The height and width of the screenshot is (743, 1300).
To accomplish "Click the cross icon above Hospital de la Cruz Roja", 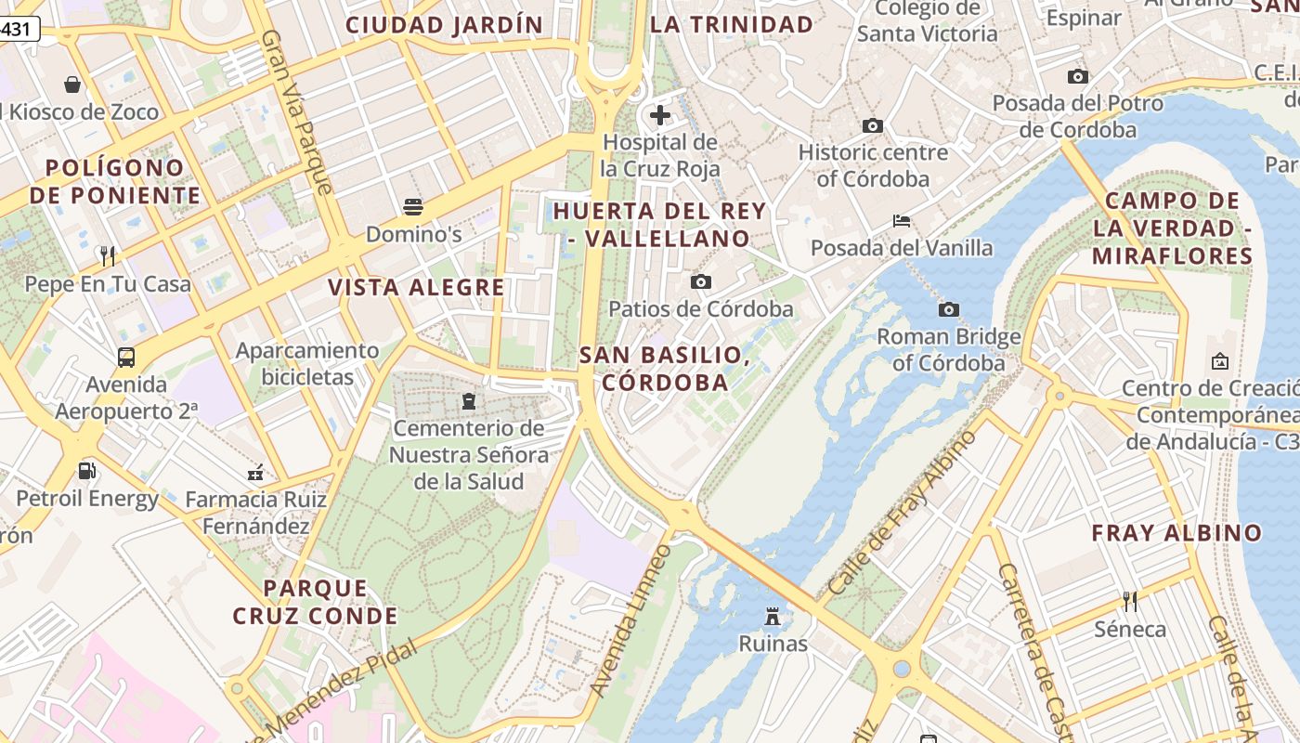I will pyautogui.click(x=660, y=115).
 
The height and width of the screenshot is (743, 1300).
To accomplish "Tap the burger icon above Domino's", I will pyautogui.click(x=413, y=206).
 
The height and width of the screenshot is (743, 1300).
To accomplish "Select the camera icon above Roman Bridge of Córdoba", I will pyautogui.click(x=948, y=309).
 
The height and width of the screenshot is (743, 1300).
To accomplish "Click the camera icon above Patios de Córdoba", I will pyautogui.click(x=701, y=281).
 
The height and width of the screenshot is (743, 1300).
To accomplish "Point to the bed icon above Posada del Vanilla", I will pyautogui.click(x=901, y=221).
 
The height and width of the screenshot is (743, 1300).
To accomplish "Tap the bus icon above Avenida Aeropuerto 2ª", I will pyautogui.click(x=125, y=357).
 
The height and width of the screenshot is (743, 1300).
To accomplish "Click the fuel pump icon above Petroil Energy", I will pyautogui.click(x=86, y=471).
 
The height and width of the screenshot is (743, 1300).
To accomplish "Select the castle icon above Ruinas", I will pyautogui.click(x=772, y=616).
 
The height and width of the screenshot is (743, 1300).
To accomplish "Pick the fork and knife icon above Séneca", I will pyautogui.click(x=1130, y=601).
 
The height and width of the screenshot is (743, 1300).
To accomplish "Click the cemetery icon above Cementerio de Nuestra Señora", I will pyautogui.click(x=468, y=401).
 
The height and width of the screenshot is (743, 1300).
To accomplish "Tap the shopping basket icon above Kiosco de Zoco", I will pyautogui.click(x=72, y=85).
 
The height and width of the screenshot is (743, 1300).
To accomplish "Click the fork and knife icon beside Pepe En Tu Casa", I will pyautogui.click(x=108, y=255).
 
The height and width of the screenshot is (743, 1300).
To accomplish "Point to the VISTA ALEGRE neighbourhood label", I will pyautogui.click(x=416, y=288).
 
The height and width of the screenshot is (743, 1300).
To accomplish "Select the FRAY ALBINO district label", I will pyautogui.click(x=1176, y=533).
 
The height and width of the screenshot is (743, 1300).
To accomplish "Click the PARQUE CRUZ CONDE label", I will pyautogui.click(x=316, y=602).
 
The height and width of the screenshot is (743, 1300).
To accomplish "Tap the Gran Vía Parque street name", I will pyautogui.click(x=296, y=111).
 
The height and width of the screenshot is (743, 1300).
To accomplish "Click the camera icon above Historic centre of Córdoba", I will pyautogui.click(x=872, y=125).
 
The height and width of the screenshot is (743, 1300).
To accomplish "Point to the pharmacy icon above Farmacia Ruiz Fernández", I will pyautogui.click(x=255, y=473).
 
